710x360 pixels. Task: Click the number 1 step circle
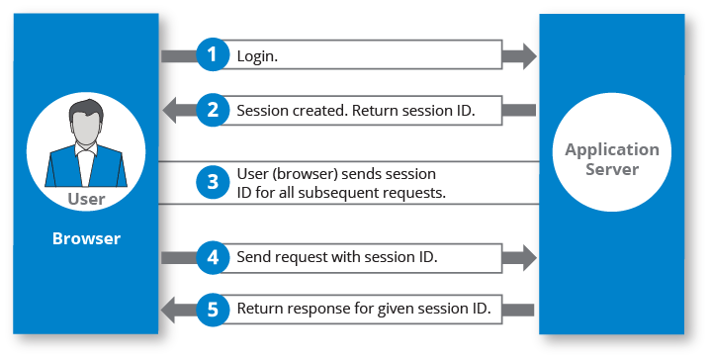click(x=213, y=54)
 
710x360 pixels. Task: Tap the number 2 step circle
click(x=213, y=110)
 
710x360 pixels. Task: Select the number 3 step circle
click(x=213, y=182)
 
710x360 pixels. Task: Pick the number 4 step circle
click(x=213, y=257)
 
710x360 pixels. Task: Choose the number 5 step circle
click(x=213, y=310)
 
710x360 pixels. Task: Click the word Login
click(x=257, y=56)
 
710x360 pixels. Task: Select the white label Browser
click(x=86, y=238)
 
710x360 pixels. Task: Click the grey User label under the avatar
click(x=86, y=199)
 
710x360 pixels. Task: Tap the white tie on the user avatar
click(x=86, y=166)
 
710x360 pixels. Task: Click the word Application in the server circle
click(x=612, y=150)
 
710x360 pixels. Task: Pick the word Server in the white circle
click(x=612, y=169)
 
